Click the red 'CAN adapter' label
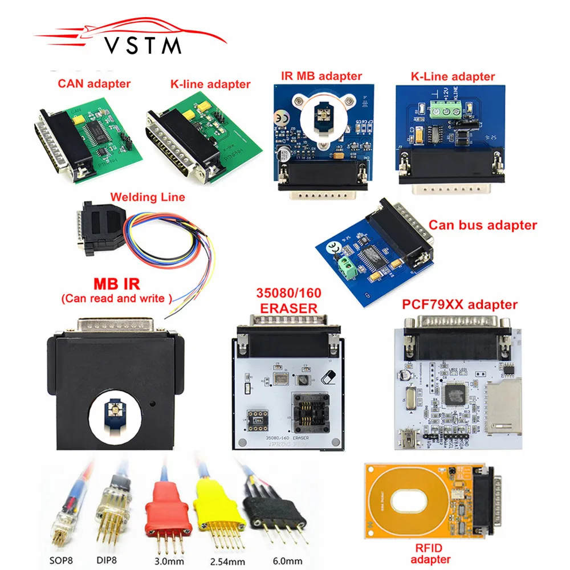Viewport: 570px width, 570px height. (x=93, y=84)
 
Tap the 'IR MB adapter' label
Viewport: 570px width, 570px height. (x=321, y=76)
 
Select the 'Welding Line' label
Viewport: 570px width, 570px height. (x=147, y=197)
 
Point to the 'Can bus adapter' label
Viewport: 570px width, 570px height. (x=482, y=225)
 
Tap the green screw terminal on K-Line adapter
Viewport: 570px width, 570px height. (x=445, y=107)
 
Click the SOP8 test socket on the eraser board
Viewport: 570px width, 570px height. (x=310, y=413)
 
